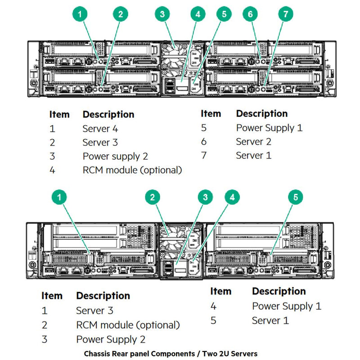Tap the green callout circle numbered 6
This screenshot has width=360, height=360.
pos(250,14)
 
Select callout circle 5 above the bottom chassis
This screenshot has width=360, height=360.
pos(295,197)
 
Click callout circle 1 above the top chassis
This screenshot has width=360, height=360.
pos(80,14)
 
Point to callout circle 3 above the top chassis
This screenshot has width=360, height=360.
pos(162,14)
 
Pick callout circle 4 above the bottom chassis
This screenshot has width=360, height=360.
pos(232,197)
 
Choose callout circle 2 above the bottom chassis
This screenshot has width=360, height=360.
pos(153,197)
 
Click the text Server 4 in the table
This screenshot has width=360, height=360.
pos(100,129)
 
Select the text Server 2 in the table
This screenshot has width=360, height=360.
pos(254,142)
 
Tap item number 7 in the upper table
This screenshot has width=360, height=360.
pos(204,156)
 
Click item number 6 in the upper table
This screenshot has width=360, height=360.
pos(204,142)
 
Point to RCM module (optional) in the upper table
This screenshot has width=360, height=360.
pos(132,170)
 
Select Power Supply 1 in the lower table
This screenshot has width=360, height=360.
pos(287,306)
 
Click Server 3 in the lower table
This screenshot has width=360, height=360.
pos(94,310)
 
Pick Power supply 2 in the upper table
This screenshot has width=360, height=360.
pos(115,156)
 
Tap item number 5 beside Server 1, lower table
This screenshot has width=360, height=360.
pos(213,321)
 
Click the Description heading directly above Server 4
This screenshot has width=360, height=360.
pos(108,114)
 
